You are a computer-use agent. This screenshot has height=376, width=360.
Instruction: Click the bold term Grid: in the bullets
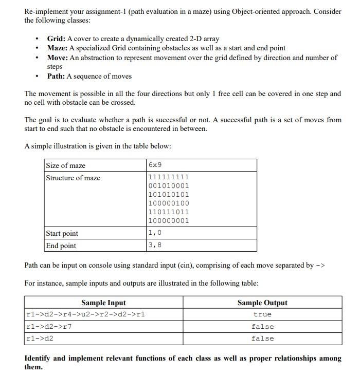[x=56, y=39]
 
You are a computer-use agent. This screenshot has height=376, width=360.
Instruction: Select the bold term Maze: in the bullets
[x=58, y=48]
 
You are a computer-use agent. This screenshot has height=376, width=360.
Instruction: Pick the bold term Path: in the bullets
[x=56, y=76]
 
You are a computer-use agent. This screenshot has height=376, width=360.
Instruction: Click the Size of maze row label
[x=66, y=165]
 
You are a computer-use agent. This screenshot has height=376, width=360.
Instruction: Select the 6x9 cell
[x=155, y=165]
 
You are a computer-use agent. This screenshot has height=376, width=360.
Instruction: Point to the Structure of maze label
[x=73, y=178]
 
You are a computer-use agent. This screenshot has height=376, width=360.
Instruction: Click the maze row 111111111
[x=169, y=177]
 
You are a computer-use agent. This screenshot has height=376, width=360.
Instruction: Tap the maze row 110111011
[x=169, y=212]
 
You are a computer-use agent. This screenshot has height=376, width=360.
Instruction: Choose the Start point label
[x=62, y=233]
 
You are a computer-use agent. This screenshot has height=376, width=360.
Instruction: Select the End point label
[x=61, y=246]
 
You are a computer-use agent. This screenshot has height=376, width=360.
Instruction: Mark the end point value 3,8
[x=155, y=245]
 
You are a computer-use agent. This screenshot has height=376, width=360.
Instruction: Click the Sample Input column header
[x=103, y=303]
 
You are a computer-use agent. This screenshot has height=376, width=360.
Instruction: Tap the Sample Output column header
[x=262, y=303]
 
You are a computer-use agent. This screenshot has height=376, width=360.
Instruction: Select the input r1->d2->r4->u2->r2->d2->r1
[x=85, y=314]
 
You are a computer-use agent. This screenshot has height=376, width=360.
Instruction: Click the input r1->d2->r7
[x=49, y=327]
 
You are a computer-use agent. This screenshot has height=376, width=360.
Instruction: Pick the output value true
[x=262, y=314]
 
